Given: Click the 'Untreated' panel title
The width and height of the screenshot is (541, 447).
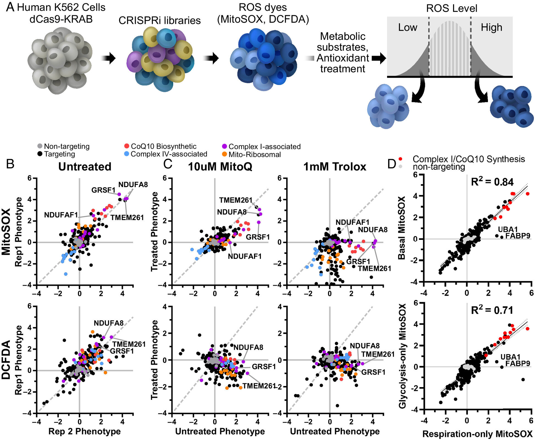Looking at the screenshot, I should click(85, 167).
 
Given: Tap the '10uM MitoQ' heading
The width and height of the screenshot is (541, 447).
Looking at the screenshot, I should click(220, 167).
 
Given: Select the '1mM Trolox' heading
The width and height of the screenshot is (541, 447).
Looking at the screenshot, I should click(335, 167).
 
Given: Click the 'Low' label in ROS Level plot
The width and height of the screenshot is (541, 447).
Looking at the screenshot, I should click(407, 27).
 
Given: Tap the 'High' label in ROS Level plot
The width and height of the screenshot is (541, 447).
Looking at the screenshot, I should click(491, 27).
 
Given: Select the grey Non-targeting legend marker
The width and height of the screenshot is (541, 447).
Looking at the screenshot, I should click(40, 146).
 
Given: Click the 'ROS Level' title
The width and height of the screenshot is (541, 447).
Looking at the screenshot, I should click(451, 8).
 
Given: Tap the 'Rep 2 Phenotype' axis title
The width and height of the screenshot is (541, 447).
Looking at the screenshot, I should click(84, 431).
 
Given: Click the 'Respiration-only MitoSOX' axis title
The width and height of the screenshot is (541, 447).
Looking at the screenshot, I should click(477, 434).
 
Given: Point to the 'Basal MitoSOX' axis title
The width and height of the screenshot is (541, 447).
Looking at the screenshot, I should click(402, 228).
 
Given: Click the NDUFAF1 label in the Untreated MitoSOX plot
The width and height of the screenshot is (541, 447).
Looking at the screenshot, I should click(61, 215).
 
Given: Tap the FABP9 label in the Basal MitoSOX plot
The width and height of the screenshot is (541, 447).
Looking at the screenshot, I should click(517, 236).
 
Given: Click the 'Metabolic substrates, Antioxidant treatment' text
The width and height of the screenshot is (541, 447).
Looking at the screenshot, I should click(343, 52).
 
